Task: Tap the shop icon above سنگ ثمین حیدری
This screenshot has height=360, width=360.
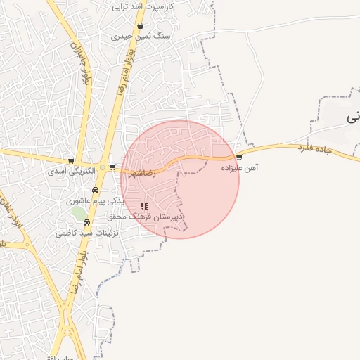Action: [141, 25]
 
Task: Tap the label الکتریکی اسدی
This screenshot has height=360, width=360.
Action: [70, 171]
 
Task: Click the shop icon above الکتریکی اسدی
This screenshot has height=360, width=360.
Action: [70, 161]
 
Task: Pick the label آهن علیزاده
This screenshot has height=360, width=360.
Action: [240, 168]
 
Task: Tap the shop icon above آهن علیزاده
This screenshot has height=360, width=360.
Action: [239, 157]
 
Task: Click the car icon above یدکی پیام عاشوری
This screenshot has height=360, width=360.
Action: [95, 190]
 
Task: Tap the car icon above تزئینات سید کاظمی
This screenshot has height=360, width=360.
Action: [87, 222]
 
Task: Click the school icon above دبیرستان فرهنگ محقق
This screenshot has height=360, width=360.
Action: [144, 206]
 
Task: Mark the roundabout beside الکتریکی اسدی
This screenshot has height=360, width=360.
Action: [103, 167]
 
